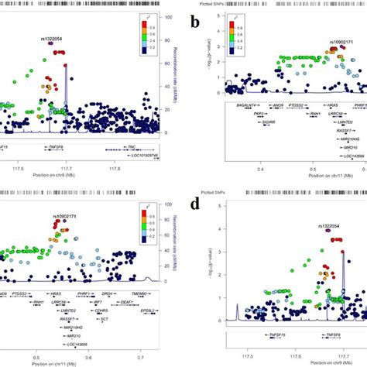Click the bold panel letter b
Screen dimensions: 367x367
click(x=197, y=26)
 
